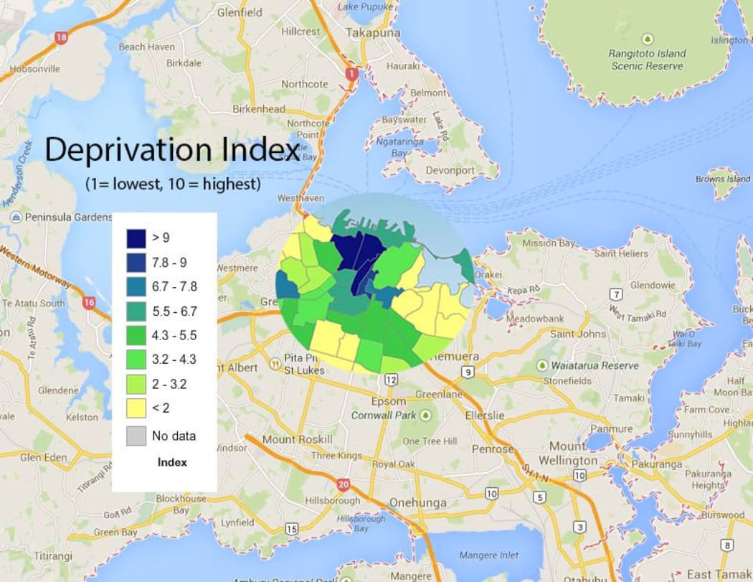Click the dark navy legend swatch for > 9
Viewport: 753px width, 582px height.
coord(136,238)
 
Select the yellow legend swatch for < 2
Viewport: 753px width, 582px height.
coord(136,408)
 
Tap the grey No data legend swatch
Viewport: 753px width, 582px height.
coord(136,436)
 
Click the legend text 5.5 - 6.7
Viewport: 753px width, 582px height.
coord(174,311)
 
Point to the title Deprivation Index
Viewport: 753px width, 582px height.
coord(172,150)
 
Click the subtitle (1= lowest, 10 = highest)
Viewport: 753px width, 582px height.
coord(172,184)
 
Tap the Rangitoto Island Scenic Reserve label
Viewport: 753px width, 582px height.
coord(648,60)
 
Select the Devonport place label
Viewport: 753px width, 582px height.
coord(450,171)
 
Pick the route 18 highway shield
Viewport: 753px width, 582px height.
coord(62,37)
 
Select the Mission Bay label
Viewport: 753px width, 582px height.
coord(548,243)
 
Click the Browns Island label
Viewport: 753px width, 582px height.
coord(723,179)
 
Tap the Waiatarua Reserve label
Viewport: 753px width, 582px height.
coord(595,365)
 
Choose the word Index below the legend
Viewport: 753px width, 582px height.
coord(172,462)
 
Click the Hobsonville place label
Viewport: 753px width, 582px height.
coord(34,70)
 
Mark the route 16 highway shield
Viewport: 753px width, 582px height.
coord(88,304)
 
